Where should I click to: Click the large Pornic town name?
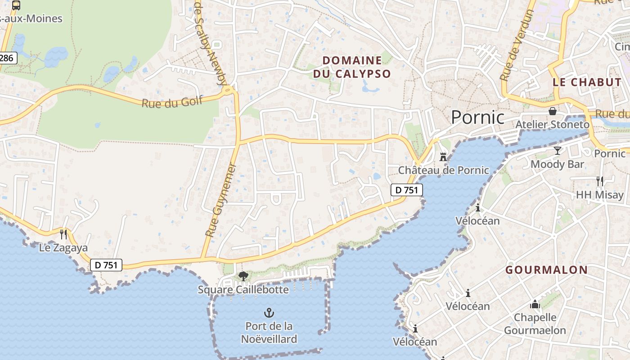477,117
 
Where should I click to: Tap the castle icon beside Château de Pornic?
443,157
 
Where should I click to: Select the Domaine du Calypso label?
352,67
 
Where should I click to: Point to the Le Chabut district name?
587,82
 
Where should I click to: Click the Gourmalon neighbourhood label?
546,270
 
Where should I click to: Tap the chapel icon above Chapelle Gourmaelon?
535,305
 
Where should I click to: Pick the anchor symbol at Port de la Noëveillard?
269,312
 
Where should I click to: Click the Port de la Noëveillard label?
269,332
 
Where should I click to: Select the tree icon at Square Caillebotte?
243,276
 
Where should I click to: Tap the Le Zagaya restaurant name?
63,248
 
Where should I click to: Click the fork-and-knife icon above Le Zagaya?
63,234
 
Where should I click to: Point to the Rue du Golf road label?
172,102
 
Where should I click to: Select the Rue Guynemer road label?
220,200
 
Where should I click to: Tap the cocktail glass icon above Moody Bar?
558,151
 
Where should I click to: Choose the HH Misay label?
600,195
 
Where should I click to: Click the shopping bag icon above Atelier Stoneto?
552,111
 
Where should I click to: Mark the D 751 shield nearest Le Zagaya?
106,265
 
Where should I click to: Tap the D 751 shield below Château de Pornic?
406,190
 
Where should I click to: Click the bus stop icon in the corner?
16,5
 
